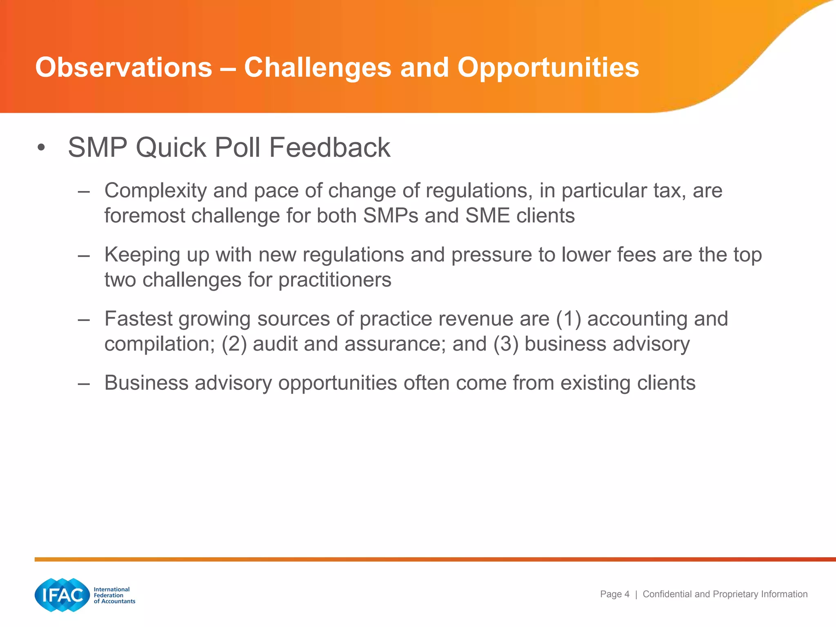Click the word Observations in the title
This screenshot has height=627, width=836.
124,67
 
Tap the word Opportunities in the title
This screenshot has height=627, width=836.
548,67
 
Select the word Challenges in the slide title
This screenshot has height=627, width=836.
318,67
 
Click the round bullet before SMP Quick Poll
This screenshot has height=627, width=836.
40,148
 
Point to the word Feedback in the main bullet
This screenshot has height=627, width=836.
329,147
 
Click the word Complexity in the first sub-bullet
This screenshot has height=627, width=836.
155,191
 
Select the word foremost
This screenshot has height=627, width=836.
145,216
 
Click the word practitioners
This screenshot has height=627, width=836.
334,280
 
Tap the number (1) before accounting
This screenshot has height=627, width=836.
568,319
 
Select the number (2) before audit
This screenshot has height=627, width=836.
234,344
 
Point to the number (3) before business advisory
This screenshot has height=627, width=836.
506,344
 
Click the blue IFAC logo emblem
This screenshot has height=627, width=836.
62,595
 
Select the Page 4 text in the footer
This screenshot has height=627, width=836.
614,594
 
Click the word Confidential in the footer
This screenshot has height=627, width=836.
667,594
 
